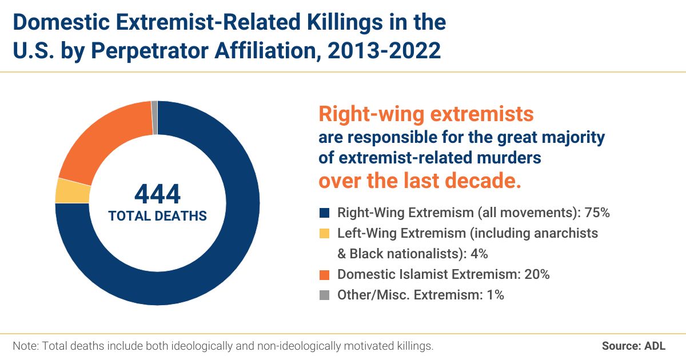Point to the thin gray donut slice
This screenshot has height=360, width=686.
tap(154, 109)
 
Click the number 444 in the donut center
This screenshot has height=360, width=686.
tap(157, 194)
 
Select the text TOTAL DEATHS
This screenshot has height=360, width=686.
tap(157, 216)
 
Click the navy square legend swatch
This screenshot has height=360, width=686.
tap(325, 213)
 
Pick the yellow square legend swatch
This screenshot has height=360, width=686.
tap(325, 233)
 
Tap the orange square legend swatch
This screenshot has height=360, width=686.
tap(325, 274)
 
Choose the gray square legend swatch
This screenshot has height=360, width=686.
tap(325, 295)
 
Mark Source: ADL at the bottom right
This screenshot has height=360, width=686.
tap(633, 346)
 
